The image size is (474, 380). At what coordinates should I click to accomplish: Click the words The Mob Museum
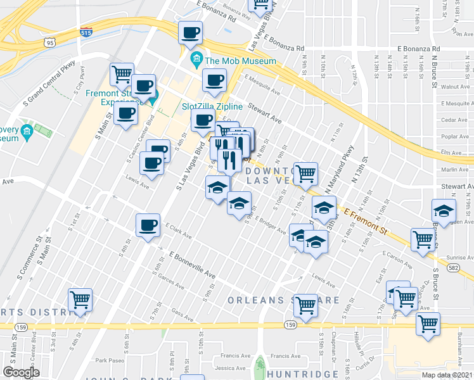point(240,61)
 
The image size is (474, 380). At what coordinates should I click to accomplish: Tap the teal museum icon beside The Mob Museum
point(196,61)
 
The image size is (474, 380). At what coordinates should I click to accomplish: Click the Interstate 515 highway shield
point(86,32)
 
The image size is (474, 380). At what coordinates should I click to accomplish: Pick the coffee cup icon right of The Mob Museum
point(214,80)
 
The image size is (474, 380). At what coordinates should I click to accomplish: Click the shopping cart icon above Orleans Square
point(306,305)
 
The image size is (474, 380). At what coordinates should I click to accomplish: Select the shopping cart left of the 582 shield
point(422,239)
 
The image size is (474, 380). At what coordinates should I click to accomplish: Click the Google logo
point(21,372)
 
